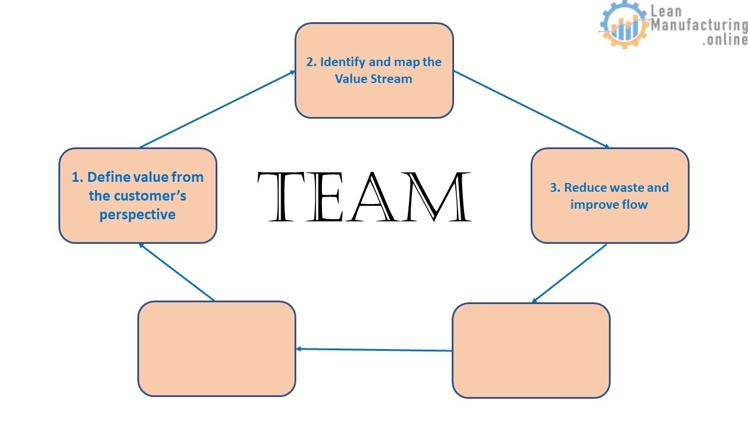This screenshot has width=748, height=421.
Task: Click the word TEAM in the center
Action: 363,197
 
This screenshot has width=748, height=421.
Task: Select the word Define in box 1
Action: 109,177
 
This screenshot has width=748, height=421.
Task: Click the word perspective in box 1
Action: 137,215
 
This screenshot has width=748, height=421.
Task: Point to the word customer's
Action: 154,196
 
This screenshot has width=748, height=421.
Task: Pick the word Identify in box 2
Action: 342,62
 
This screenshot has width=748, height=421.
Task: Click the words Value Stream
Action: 373,79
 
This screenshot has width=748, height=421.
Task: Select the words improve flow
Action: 609,205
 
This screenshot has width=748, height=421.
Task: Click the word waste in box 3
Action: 628,188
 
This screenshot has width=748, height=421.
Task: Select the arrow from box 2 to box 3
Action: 531,109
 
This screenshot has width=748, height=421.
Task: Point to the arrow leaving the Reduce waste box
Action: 569,274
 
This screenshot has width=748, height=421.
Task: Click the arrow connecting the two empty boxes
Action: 374,350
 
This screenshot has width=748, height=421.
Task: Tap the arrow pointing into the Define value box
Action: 176,272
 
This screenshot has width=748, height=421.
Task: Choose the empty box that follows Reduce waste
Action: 531,350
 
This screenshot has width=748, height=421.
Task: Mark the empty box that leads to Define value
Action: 216,348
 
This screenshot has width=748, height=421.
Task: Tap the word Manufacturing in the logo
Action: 699,25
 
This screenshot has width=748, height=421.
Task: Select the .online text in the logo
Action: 725,40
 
